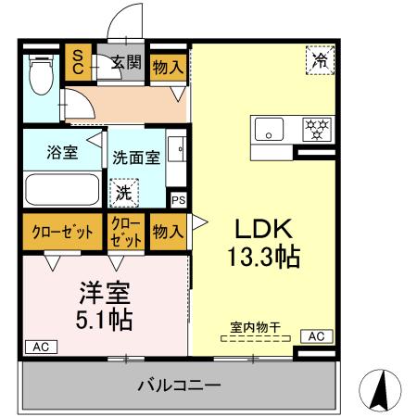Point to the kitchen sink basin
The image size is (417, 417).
tap(270, 132)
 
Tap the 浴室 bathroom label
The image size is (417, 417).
tap(62, 153)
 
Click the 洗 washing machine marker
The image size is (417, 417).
tap(123, 194)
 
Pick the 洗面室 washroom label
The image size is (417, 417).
tap(137, 157)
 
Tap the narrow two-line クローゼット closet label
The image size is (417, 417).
tap(126, 231)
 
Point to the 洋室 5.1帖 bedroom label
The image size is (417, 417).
tap(102, 307)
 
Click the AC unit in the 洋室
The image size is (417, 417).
tap(40, 346)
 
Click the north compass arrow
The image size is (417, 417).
tap(380, 389)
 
